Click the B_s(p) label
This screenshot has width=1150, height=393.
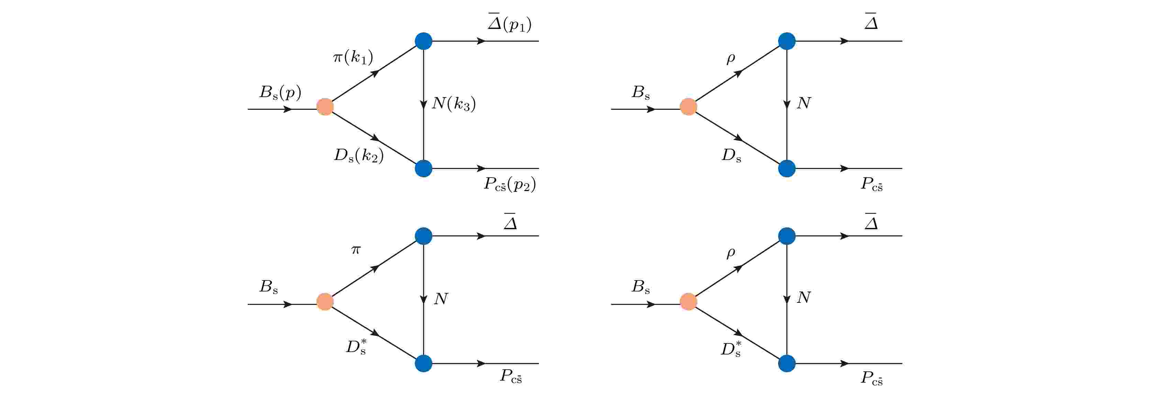point(280,93)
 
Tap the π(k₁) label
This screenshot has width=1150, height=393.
point(353,57)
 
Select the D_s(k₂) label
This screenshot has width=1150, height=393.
point(359,156)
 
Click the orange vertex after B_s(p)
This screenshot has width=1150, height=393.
point(325,107)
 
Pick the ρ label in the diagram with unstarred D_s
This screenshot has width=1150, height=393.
point(731,59)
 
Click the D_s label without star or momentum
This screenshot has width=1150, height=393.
point(732,156)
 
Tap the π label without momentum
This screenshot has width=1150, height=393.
point(355,250)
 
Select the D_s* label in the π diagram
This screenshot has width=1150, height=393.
point(356,347)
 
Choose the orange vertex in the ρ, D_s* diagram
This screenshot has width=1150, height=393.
point(688,302)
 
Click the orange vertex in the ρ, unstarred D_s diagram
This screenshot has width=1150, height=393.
point(688,107)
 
